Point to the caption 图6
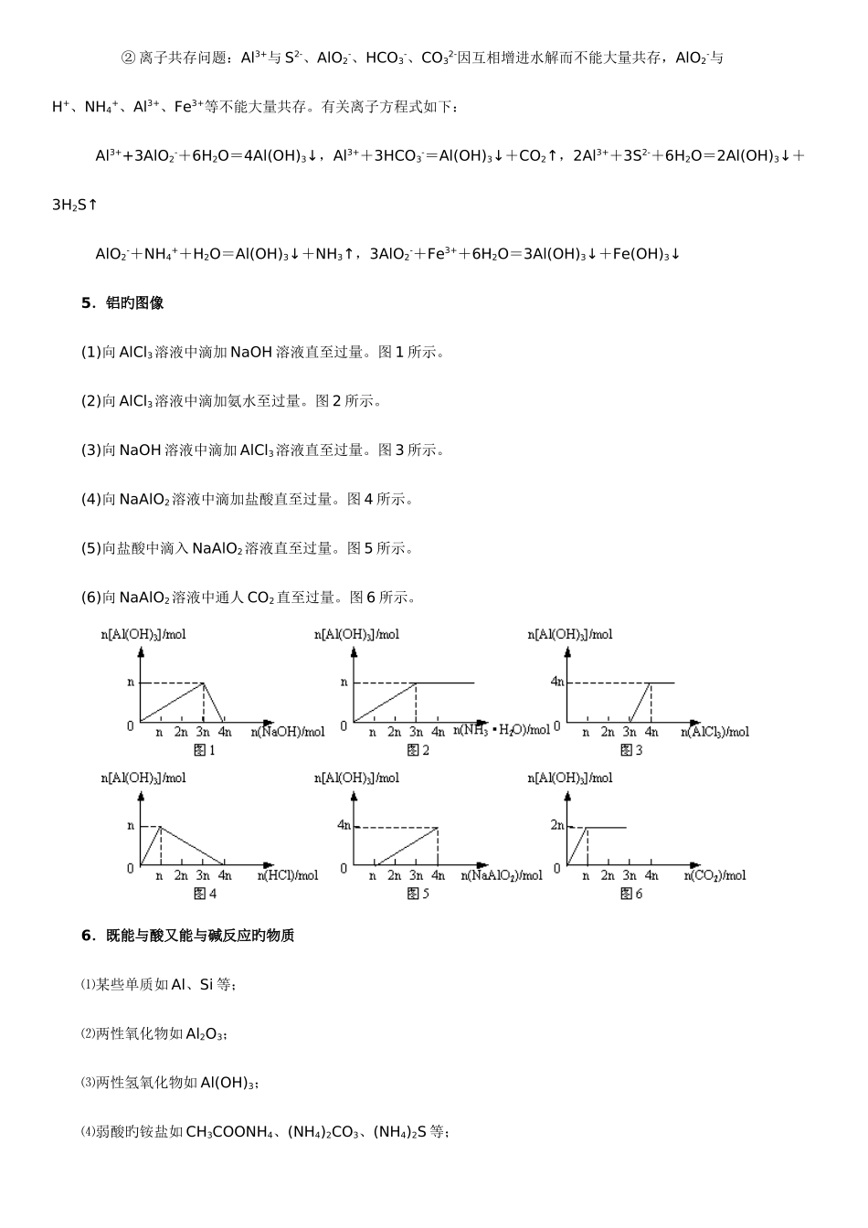coord(631,894)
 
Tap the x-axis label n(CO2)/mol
coord(715,875)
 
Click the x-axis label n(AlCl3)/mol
coord(715,732)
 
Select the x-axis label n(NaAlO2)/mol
coord(502,875)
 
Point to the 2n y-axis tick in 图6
coord(557,825)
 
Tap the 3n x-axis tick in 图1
coord(203,732)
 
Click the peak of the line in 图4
coord(161,827)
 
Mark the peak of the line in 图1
coord(203,683)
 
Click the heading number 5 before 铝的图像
coord(87,303)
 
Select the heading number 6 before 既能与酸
coord(87,936)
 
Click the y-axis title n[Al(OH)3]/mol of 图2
coord(357,634)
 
